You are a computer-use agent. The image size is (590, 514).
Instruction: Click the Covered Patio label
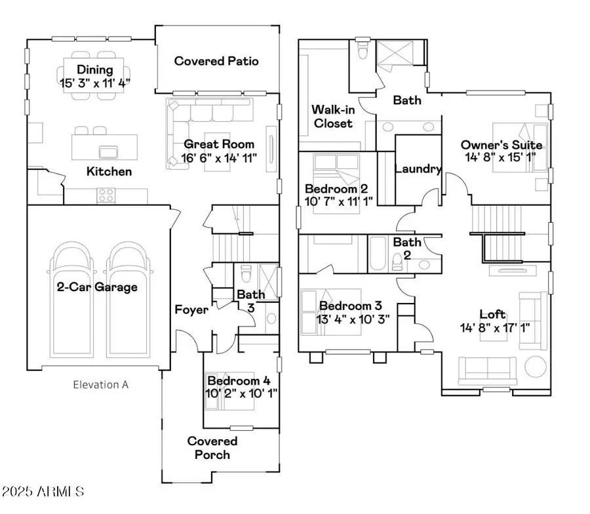[216, 61]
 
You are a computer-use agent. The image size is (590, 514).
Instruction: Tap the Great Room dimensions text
[219, 157]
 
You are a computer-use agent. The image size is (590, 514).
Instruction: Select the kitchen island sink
[108, 152]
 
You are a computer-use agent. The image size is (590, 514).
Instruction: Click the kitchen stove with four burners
[106, 195]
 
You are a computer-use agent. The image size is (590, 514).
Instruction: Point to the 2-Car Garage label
[97, 287]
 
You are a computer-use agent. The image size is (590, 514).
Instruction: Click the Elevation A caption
[100, 385]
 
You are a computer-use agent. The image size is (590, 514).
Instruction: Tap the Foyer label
[191, 309]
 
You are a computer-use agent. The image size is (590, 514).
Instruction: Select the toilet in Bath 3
[246, 273]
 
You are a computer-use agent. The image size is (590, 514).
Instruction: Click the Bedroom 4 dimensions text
[241, 393]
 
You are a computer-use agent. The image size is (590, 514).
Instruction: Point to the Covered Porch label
[212, 448]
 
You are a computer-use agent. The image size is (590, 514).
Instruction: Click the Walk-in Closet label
[333, 116]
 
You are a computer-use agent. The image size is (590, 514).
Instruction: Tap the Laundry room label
[418, 169]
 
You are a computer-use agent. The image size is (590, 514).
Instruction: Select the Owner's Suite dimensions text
[500, 157]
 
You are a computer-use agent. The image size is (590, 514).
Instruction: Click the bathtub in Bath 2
[378, 253]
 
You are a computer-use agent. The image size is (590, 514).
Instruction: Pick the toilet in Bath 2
[397, 262]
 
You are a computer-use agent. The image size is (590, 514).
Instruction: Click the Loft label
[492, 314]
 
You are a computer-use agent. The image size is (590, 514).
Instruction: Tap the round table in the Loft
[536, 366]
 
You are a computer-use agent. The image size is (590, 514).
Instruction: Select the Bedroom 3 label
[350, 306]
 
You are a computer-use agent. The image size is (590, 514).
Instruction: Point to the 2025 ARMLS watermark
[43, 491]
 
